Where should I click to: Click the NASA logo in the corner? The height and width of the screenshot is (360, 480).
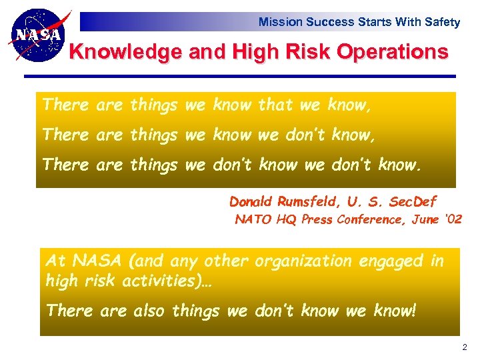(39, 34)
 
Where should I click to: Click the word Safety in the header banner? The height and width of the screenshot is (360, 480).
(442, 22)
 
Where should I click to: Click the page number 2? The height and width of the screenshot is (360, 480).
(465, 347)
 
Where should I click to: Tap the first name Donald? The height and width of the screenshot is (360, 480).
(251, 201)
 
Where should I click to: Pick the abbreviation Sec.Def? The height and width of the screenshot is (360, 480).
(413, 201)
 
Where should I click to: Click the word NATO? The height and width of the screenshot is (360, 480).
(253, 219)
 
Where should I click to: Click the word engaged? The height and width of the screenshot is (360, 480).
(393, 261)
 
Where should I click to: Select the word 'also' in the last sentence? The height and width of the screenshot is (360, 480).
(150, 311)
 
